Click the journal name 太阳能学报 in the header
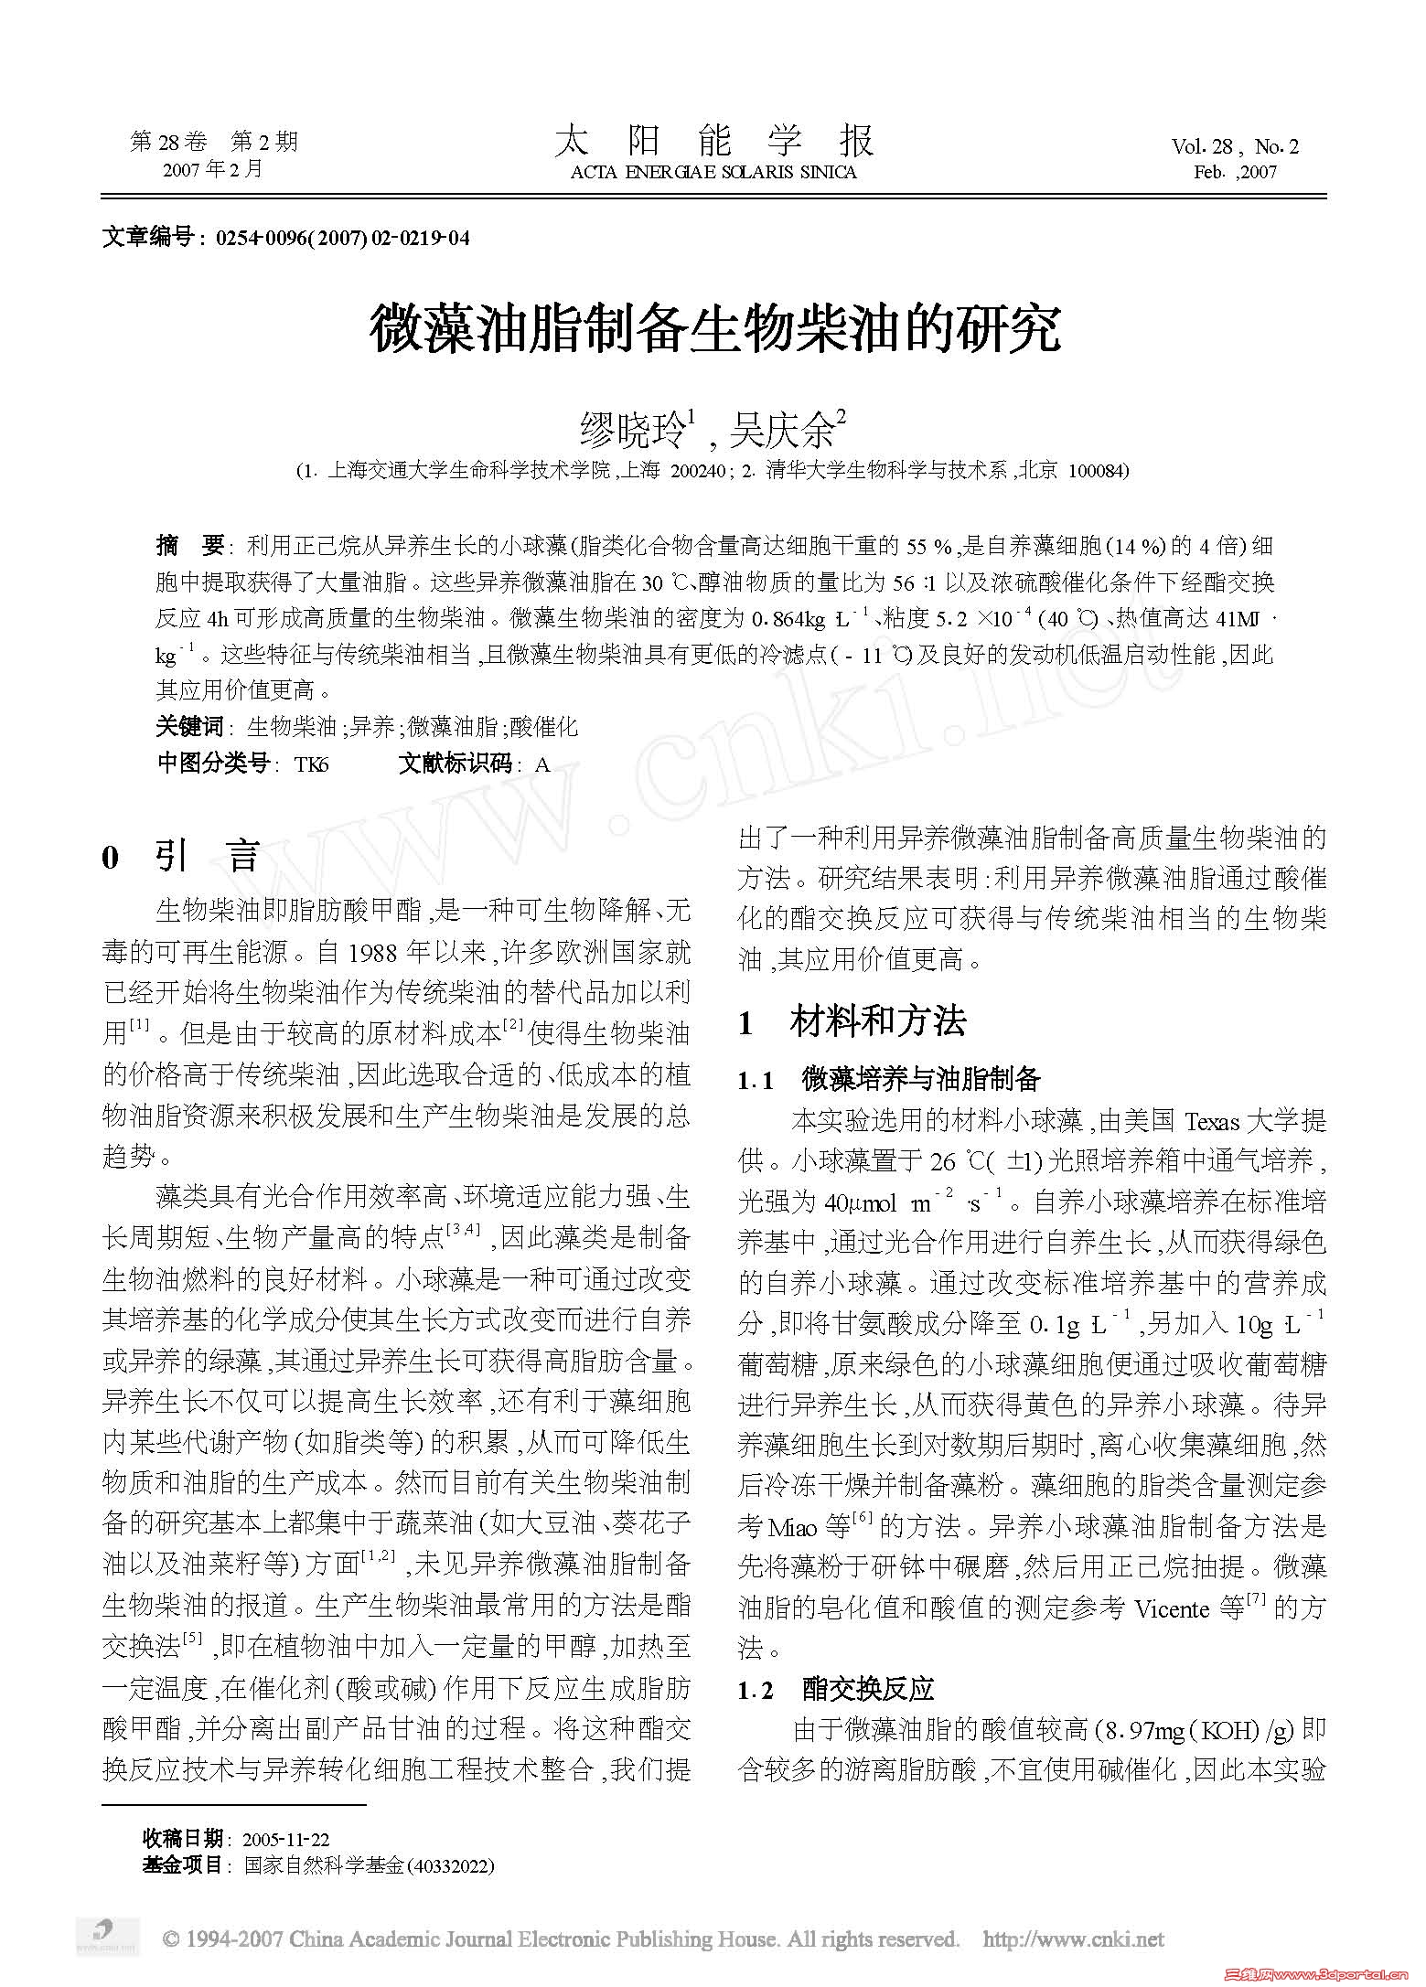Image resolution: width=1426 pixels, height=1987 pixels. coord(713,142)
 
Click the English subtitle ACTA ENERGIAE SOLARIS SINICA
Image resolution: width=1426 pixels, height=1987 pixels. coord(713,173)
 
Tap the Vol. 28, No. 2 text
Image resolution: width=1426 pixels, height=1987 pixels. coord(1235,146)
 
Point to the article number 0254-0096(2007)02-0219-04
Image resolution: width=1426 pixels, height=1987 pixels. coord(342,239)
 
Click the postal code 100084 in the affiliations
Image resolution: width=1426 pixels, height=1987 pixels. coord(1098,471)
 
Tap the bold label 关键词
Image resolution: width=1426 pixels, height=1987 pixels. coord(189,727)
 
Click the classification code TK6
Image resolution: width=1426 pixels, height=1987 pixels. coord(311,764)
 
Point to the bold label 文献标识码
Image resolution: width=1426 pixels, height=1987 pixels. coord(455,764)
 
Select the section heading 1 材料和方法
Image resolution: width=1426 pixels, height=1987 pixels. coord(852,1021)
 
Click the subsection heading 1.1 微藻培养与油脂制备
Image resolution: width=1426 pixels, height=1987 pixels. coord(889,1080)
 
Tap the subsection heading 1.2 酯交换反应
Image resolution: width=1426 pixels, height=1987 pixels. coord(836,1689)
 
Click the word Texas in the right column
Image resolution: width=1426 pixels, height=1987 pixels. coord(1211,1122)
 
